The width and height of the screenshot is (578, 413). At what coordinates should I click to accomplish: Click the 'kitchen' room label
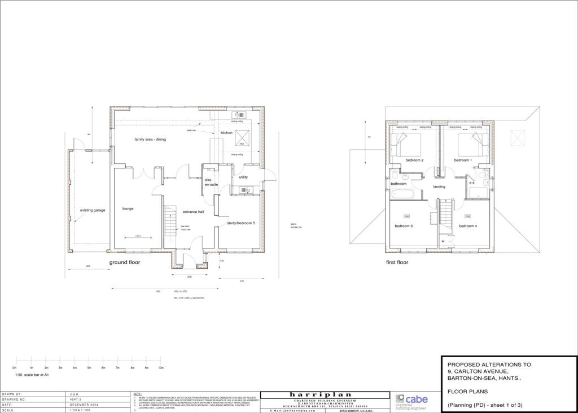[x=226, y=133]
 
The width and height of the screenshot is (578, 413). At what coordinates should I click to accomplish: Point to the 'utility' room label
[x=243, y=177]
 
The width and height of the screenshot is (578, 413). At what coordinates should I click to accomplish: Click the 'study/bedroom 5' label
[x=241, y=223]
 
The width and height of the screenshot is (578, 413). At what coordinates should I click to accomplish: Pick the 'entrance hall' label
[x=193, y=212]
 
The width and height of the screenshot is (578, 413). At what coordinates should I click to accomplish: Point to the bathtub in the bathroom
[x=402, y=195]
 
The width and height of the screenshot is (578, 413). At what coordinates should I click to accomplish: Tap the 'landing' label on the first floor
[x=439, y=186]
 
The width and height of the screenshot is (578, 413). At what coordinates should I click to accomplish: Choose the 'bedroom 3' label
[x=404, y=226]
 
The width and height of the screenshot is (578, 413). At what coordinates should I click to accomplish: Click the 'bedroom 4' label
[x=468, y=226]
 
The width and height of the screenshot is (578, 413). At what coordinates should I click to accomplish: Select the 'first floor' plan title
[x=396, y=262]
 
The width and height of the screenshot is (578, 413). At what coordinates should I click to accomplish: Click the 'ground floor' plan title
[x=124, y=262]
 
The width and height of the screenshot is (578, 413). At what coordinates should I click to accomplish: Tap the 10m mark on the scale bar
[x=161, y=367]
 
